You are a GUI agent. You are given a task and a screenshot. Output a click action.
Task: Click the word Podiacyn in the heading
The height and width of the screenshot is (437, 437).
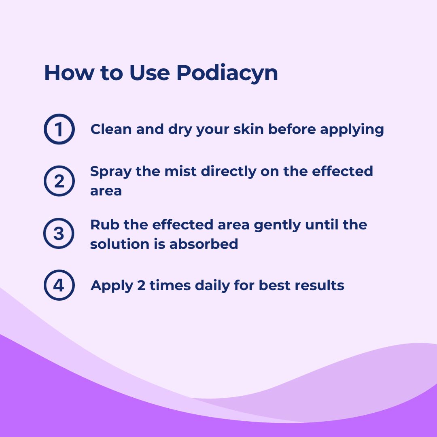click(x=227, y=73)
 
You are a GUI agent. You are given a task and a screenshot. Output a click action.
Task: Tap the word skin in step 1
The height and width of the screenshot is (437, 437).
click(x=248, y=129)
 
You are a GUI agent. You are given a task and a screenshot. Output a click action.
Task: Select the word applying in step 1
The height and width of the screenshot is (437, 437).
click(x=352, y=130)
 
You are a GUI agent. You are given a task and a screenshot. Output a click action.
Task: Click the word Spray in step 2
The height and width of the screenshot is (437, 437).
click(x=110, y=172)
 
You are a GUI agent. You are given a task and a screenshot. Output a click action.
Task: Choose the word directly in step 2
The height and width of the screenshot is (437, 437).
click(x=229, y=172)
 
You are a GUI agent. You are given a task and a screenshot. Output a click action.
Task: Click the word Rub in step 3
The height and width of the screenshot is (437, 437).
click(x=105, y=225)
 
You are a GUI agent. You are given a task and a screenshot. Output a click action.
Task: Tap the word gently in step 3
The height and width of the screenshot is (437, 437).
click(x=277, y=225)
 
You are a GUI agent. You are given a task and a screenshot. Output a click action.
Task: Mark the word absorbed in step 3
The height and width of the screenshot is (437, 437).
click(x=204, y=244)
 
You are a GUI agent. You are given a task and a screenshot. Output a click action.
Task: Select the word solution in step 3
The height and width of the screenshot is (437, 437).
click(x=120, y=244)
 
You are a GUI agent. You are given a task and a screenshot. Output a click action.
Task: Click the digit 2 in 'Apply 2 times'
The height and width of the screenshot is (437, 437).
click(x=141, y=285)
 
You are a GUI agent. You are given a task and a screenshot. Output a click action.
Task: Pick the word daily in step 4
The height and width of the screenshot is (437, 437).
click(x=212, y=286)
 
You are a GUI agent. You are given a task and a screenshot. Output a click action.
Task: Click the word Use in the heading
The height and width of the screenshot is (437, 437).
click(x=150, y=73)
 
